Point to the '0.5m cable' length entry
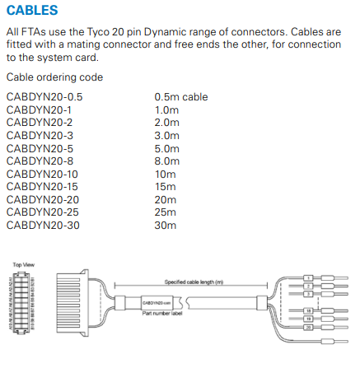(181, 96)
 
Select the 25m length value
(165, 212)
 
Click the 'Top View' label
(22, 265)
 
